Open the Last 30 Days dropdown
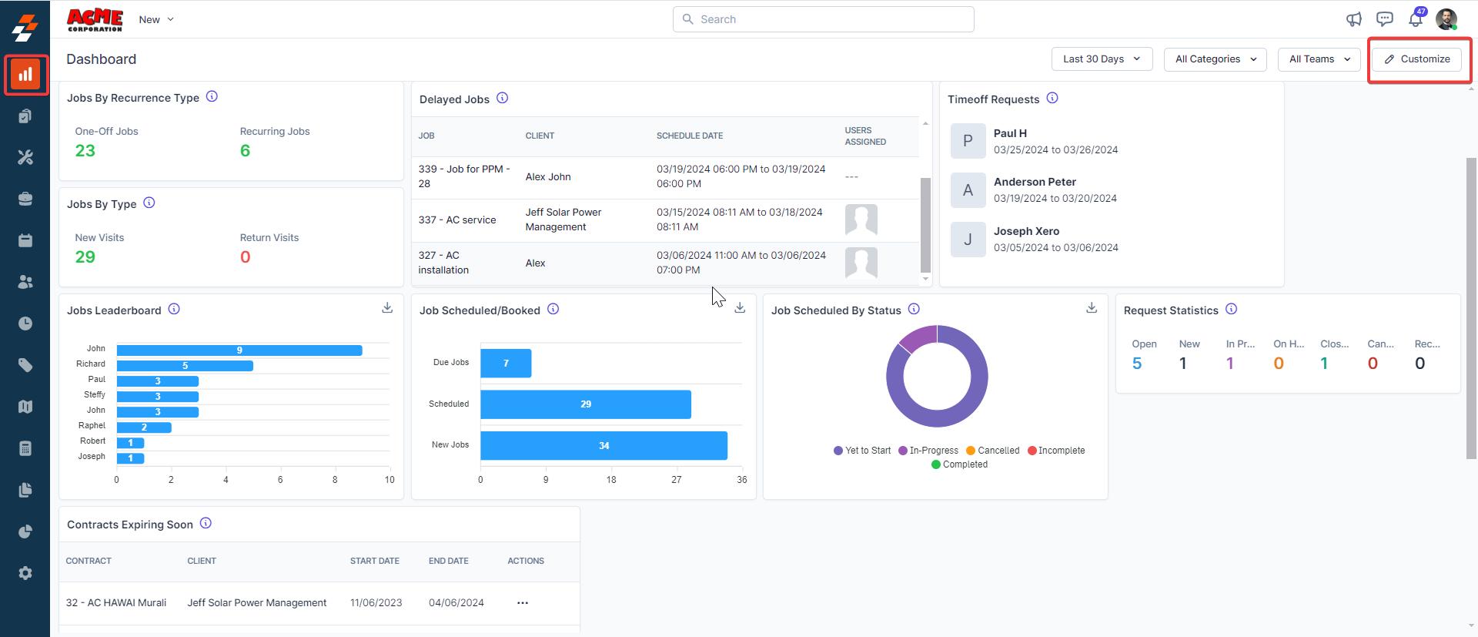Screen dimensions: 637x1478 pyautogui.click(x=1101, y=59)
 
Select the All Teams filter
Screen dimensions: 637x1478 pyautogui.click(x=1319, y=59)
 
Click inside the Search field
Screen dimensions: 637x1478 pyautogui.click(x=824, y=19)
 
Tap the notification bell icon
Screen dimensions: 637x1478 pyautogui.click(x=1415, y=20)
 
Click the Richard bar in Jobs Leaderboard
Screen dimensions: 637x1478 pyautogui.click(x=185, y=366)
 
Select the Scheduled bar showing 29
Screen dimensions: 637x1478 pyautogui.click(x=585, y=404)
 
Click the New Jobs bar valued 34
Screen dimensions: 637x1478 pyautogui.click(x=604, y=446)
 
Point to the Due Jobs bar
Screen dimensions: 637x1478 pyautogui.click(x=506, y=364)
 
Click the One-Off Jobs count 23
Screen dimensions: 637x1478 pyautogui.click(x=85, y=151)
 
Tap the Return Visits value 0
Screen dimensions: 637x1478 pyautogui.click(x=246, y=257)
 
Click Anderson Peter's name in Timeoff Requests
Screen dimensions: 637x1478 pyautogui.click(x=1035, y=182)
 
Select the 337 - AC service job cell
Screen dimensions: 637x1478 pyautogui.click(x=457, y=220)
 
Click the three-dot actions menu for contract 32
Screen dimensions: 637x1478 pyautogui.click(x=523, y=603)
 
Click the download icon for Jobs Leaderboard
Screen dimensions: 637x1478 pyautogui.click(x=387, y=308)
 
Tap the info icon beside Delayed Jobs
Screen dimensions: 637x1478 pyautogui.click(x=503, y=98)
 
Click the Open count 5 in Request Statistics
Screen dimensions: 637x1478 pyautogui.click(x=1137, y=364)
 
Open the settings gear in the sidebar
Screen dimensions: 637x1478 pyautogui.click(x=25, y=573)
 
